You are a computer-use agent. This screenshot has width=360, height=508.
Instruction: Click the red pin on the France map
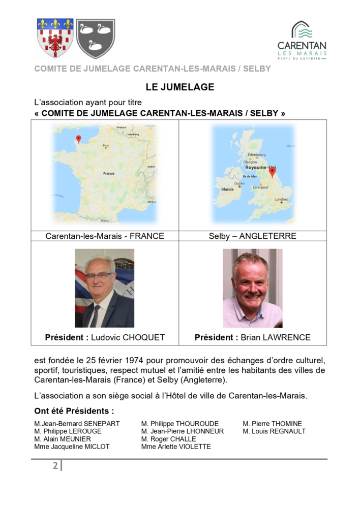[x=78, y=139]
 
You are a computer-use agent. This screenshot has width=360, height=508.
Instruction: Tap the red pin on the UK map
[x=272, y=172]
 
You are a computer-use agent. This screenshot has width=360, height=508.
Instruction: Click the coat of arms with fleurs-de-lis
[x=55, y=38]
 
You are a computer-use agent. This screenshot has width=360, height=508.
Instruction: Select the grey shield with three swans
[x=95, y=38]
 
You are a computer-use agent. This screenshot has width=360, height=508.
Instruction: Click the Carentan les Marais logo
[x=302, y=41]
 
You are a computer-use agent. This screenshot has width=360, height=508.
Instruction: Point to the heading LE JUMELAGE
[x=179, y=87]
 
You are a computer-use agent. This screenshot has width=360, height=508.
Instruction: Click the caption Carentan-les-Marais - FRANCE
[x=105, y=236]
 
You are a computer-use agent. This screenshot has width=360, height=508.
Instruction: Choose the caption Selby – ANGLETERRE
[x=252, y=236]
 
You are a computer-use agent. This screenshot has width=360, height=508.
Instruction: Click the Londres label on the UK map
[x=281, y=199]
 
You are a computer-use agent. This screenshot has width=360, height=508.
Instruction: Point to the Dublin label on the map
[x=239, y=183]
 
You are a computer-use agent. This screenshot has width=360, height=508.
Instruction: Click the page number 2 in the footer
[x=55, y=466]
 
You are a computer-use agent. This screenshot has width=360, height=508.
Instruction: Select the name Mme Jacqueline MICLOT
[x=72, y=447]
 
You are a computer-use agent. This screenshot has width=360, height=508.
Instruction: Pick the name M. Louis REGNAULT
[x=274, y=431]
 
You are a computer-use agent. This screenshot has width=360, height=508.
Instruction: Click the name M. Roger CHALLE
[x=168, y=439]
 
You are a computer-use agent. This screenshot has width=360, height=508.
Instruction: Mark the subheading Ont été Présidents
[x=74, y=411]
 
